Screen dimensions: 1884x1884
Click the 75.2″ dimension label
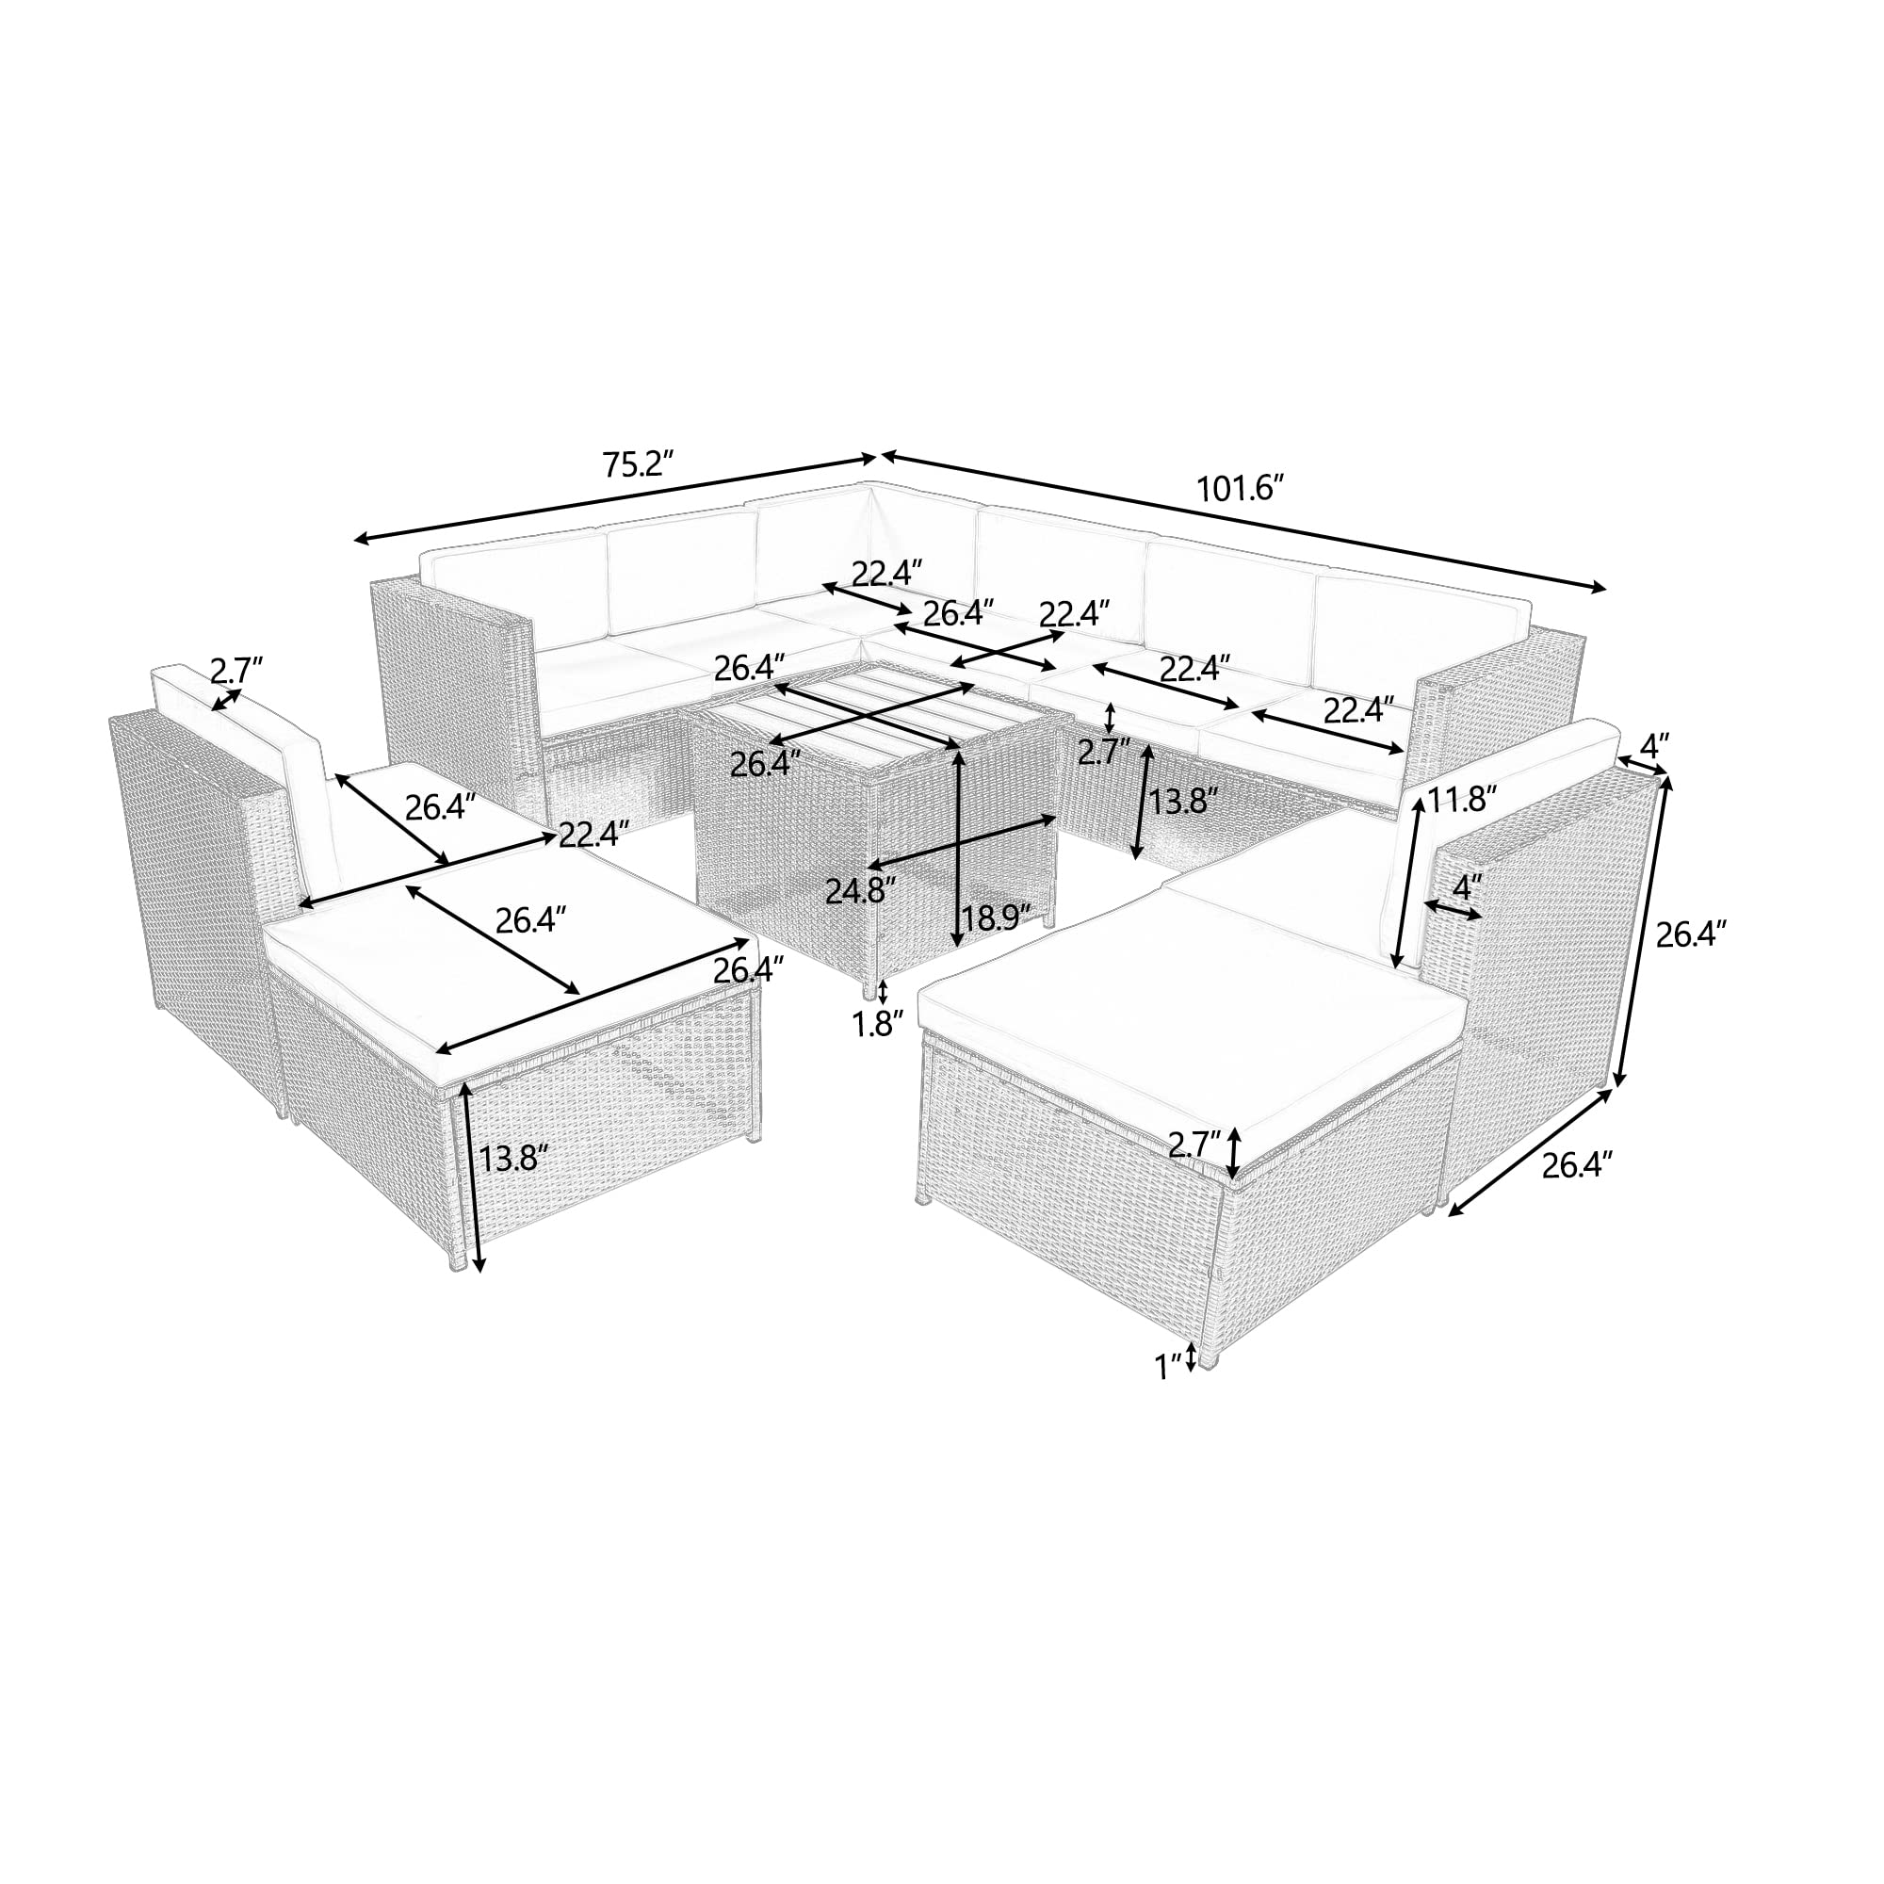tap(639, 463)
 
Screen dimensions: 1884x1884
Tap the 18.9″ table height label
tap(996, 917)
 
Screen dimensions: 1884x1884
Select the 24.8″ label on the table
tap(860, 890)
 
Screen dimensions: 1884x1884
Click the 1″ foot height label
tap(1168, 1366)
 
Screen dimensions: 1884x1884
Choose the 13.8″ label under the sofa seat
tap(1184, 802)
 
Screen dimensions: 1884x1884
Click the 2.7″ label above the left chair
tap(237, 670)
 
